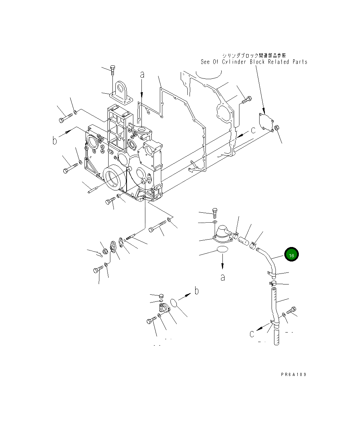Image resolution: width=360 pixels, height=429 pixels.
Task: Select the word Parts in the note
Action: (x=300, y=62)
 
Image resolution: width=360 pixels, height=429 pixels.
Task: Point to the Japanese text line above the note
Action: (x=254, y=55)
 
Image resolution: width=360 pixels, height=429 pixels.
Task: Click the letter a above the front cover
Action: (x=142, y=75)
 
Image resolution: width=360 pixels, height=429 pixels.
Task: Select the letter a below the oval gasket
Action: (x=222, y=277)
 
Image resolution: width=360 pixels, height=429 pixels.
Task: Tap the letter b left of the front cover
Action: (x=55, y=141)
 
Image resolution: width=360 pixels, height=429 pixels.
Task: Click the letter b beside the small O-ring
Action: (x=197, y=291)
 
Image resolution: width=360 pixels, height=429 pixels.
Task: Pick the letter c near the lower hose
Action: (x=252, y=334)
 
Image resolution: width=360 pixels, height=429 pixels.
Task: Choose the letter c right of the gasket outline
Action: (x=253, y=130)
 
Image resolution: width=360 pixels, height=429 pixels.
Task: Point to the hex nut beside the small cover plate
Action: (x=277, y=128)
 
